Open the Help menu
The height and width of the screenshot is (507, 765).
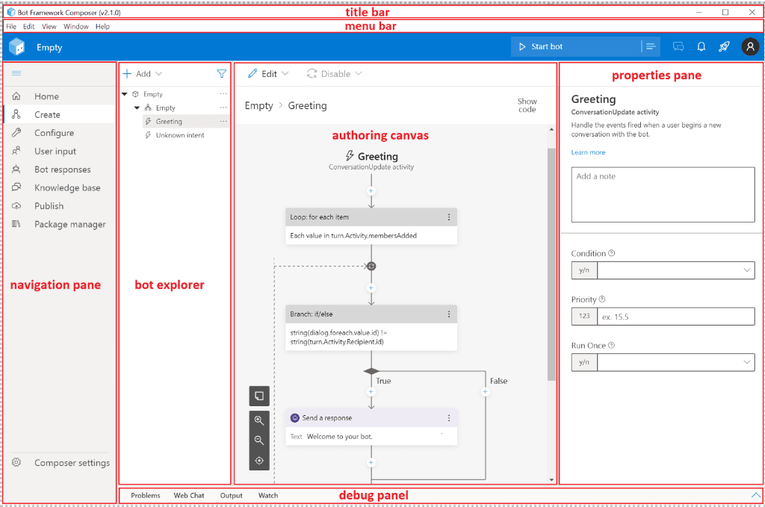click(102, 26)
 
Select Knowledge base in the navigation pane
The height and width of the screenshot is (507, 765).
click(67, 187)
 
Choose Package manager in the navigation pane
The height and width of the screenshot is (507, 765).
click(69, 224)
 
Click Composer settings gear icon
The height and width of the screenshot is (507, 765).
click(16, 462)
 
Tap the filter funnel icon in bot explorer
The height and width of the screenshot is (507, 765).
click(221, 74)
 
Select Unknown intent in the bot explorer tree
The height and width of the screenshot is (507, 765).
click(180, 135)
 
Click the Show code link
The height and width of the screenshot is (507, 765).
click(527, 105)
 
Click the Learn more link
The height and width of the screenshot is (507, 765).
click(588, 152)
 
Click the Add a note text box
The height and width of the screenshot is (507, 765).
click(663, 195)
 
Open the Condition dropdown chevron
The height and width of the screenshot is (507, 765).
click(746, 270)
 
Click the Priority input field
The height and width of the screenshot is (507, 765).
click(675, 317)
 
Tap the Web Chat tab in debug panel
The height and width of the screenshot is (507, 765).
click(189, 495)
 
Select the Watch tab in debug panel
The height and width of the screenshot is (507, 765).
click(268, 495)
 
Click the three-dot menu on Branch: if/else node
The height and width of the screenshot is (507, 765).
click(449, 314)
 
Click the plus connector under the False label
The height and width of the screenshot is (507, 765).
click(485, 392)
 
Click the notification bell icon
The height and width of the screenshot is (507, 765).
click(701, 47)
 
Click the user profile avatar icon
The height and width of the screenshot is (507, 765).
click(750, 47)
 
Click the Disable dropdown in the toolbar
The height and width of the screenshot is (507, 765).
click(335, 74)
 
